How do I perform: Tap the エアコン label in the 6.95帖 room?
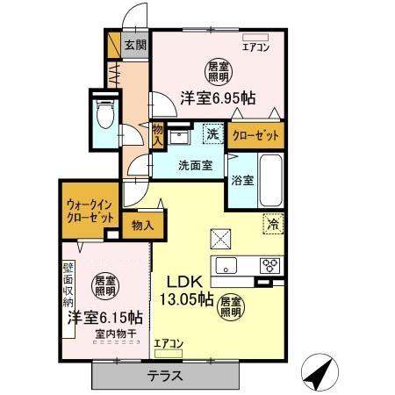click(x=255, y=48)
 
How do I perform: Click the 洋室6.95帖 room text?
click(x=219, y=99)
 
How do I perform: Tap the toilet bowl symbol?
click(x=104, y=116)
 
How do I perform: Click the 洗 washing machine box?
click(x=212, y=134)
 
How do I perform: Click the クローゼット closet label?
click(x=256, y=135)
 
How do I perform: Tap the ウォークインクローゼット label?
click(x=90, y=211)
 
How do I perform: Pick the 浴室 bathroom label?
click(x=242, y=182)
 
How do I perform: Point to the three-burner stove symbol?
click(x=269, y=267)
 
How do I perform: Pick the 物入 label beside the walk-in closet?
click(x=142, y=226)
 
